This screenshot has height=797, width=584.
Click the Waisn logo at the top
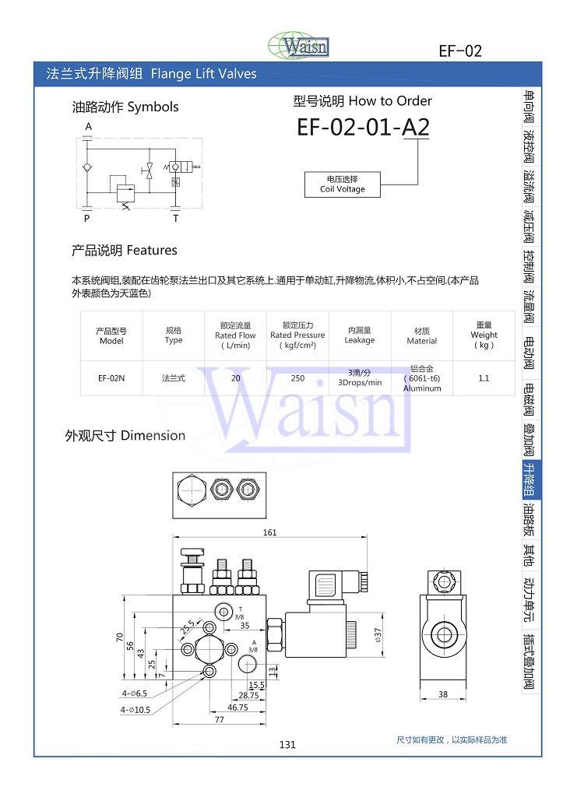298,45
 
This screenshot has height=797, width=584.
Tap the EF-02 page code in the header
460,51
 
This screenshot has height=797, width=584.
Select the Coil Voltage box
342,184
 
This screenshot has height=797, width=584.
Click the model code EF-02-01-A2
362,128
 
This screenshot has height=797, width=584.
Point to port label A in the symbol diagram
88,127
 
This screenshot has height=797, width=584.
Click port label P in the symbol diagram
87,219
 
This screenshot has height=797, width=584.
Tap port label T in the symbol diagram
175,219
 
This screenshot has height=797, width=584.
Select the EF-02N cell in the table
111,377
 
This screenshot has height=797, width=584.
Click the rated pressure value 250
297,377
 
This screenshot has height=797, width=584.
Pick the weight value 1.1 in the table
484,377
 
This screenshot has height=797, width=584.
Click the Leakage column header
360,335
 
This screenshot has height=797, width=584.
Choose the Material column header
422,335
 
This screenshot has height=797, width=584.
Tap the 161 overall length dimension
269,533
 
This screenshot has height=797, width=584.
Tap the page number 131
287,745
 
